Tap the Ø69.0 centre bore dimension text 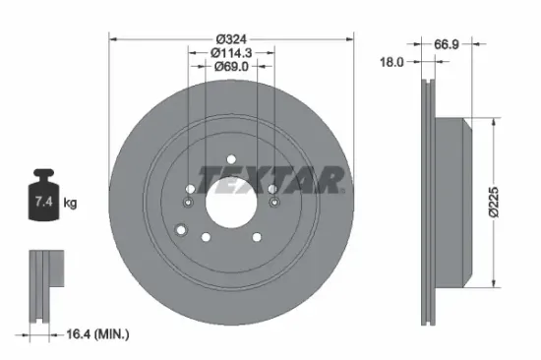230,68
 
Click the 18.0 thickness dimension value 391,62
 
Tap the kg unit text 70,204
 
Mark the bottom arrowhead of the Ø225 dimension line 487,284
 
